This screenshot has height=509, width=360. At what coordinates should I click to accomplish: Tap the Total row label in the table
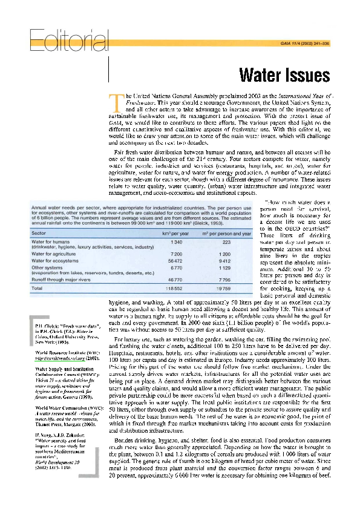click(37, 289)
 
